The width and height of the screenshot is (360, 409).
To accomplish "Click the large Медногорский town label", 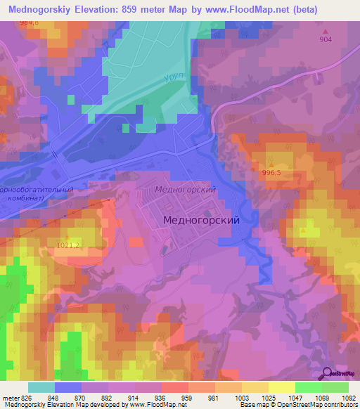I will [x=201, y=220].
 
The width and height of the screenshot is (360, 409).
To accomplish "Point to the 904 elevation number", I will [x=326, y=40].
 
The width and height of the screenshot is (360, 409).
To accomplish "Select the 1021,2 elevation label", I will [x=68, y=245].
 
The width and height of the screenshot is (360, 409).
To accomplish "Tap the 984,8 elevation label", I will [x=30, y=23].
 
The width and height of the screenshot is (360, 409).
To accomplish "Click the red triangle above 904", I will [x=326, y=31].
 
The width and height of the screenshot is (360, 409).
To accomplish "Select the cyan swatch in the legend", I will [x=41, y=387].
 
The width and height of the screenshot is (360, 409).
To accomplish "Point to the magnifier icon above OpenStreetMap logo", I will [x=327, y=373].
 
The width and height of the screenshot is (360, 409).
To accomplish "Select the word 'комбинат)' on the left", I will [x=24, y=198].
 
